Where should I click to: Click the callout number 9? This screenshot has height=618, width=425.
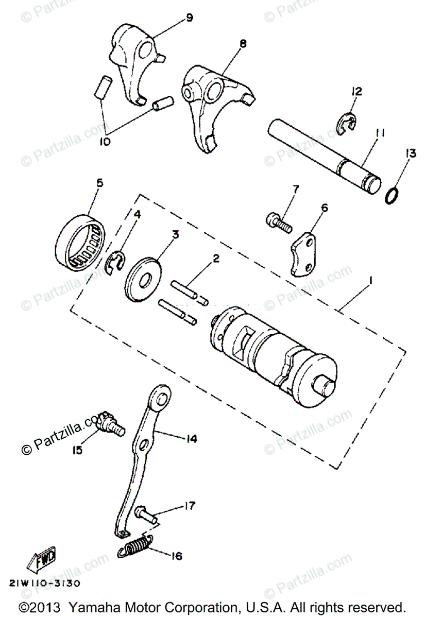(189, 19)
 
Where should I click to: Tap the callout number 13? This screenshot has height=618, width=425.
(410, 152)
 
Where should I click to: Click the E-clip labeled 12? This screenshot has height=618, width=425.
(348, 121)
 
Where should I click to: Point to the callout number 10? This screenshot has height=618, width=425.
(106, 141)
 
